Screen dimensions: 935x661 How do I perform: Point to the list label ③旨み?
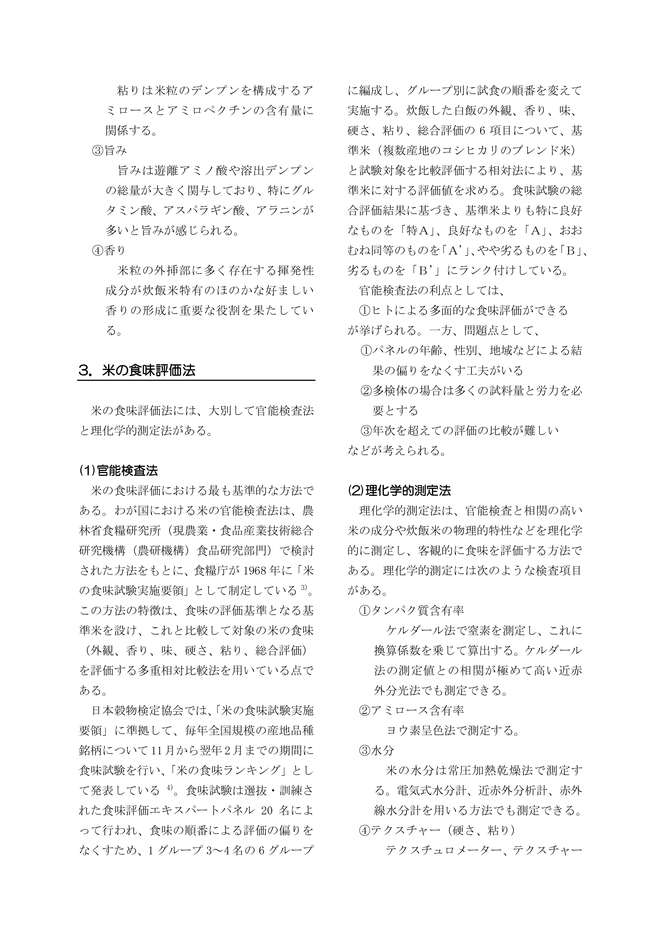tap(110, 151)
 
